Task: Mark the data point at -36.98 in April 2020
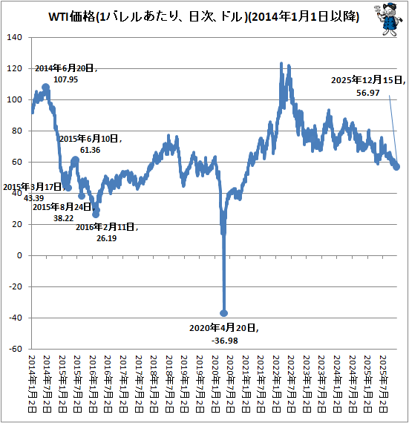(x=223, y=313)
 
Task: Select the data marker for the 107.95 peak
(x=46, y=88)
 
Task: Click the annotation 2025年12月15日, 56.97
(x=367, y=87)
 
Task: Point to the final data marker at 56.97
(x=396, y=166)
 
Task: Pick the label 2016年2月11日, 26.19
(x=107, y=232)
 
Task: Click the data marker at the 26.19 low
(x=96, y=214)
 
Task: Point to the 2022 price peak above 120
(x=281, y=65)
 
